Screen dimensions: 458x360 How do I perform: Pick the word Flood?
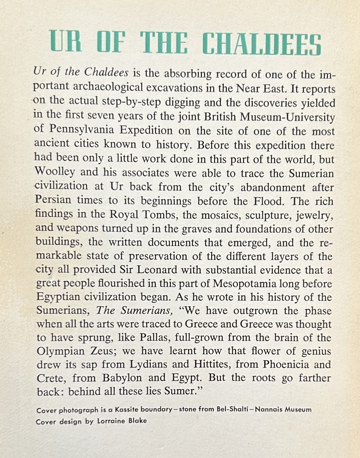click(x=269, y=201)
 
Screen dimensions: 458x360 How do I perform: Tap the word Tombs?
click(x=161, y=214)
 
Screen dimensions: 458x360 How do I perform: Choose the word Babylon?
click(x=122, y=378)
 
